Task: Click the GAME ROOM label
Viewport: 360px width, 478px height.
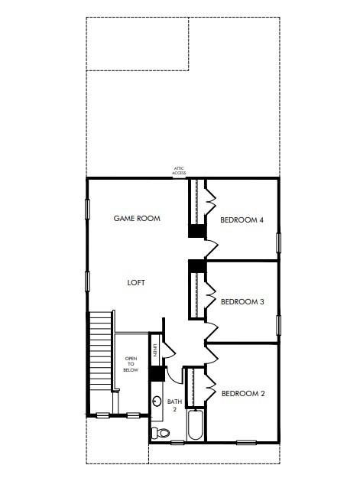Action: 137,218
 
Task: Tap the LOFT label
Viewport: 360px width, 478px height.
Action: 136,282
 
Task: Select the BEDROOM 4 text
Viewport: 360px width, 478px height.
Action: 242,220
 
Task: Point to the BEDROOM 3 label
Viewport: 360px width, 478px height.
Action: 242,301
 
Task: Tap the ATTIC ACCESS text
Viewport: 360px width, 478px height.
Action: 179,171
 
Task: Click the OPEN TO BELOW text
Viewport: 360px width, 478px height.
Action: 131,364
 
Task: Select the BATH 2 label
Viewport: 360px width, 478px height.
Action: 175,405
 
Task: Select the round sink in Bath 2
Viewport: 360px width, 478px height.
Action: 157,401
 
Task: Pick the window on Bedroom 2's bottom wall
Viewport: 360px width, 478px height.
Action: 246,442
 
